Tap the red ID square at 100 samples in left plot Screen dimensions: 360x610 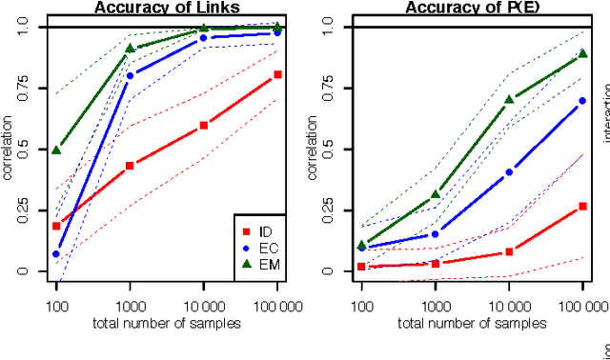(56, 226)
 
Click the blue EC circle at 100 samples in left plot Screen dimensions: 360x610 (56, 254)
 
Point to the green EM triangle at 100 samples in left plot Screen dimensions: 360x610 (56, 150)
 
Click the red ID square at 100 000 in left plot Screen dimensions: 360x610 (277, 74)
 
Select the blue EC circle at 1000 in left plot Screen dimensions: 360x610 (130, 75)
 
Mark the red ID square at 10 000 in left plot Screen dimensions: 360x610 (203, 125)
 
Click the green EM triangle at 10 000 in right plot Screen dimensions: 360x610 (509, 98)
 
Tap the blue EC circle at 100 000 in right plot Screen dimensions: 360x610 (582, 100)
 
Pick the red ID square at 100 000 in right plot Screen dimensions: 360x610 (582, 206)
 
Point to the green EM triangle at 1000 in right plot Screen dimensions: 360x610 (436, 194)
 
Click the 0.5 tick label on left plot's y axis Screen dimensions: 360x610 (25, 150)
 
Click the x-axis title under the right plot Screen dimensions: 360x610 (472, 323)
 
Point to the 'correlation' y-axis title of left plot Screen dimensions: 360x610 (8, 150)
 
